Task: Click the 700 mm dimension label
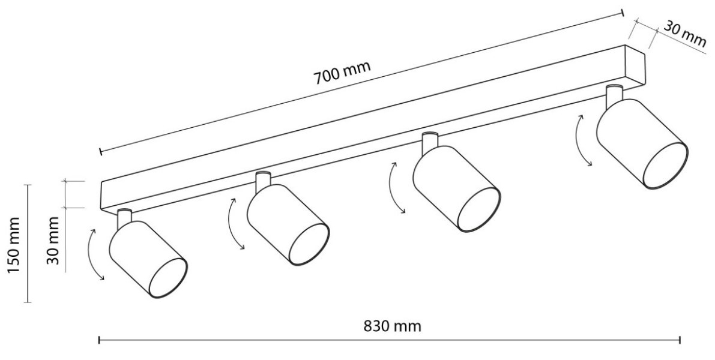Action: coord(342,73)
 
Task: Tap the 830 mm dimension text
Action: coord(392,326)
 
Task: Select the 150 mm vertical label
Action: coord(14,245)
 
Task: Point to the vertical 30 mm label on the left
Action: coord(54,240)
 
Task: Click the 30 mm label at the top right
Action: coord(684,33)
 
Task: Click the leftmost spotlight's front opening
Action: coord(168,278)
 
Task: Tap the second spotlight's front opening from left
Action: coord(310,245)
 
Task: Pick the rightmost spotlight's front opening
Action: coord(665,166)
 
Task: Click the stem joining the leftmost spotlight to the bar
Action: coord(124,218)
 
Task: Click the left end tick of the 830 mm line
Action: coord(100,340)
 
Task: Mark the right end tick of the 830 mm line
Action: coord(680,340)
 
